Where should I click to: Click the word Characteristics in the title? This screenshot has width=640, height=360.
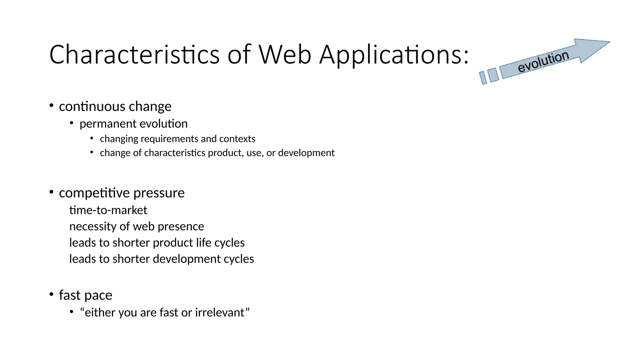(x=134, y=55)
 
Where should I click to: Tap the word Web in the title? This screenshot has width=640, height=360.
(x=285, y=55)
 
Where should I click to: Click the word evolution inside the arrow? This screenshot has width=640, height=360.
(x=543, y=62)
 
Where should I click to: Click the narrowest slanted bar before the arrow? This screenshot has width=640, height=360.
(x=483, y=77)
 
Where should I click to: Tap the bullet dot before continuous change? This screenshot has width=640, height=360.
(x=51, y=106)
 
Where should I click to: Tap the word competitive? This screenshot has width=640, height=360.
(x=94, y=193)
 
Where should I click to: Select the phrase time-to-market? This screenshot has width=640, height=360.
(x=108, y=210)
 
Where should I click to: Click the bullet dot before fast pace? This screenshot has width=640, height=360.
(x=51, y=294)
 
